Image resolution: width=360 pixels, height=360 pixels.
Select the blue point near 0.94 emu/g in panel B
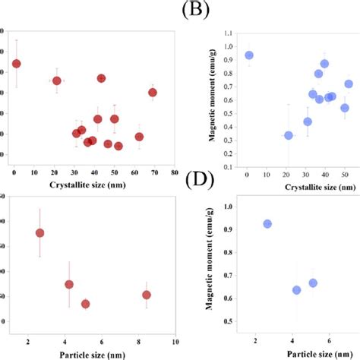[248, 55]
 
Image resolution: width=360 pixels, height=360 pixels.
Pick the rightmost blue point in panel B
[349, 84]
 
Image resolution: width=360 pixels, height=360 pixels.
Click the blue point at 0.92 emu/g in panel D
[267, 224]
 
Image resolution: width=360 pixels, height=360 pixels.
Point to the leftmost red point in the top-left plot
[16, 64]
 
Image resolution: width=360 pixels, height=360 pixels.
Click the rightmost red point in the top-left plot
[153, 93]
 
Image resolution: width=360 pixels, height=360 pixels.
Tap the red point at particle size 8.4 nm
[147, 295]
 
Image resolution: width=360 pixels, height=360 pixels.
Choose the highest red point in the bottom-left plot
[39, 233]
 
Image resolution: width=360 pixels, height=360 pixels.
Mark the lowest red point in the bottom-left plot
[85, 304]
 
